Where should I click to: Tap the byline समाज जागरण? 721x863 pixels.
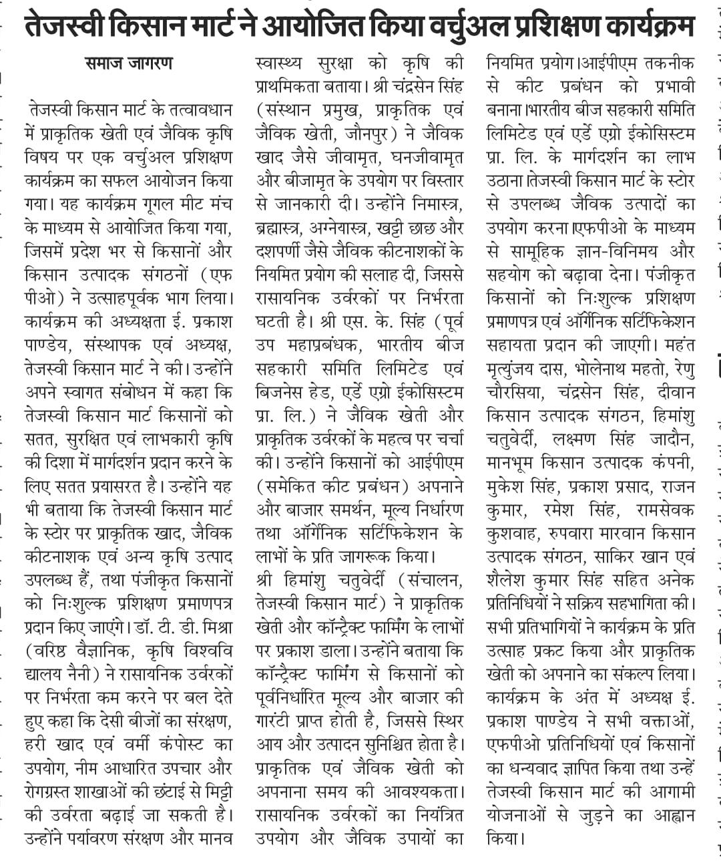pyautogui.click(x=129, y=63)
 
